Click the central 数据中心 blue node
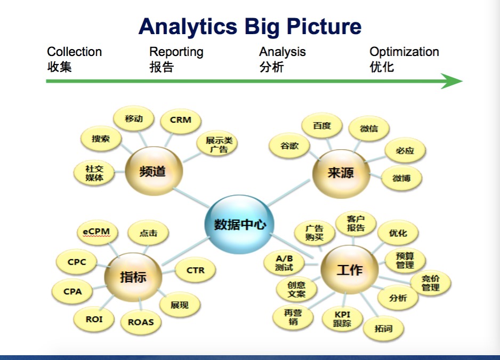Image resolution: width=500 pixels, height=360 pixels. pos(240,225)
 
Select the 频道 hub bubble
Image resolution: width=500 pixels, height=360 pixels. pos(154,172)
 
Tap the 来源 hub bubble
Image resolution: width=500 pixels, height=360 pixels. pos(341,173)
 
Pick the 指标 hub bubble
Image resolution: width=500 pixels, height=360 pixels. pos(133,276)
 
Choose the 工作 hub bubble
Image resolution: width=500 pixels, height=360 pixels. pos(350,269)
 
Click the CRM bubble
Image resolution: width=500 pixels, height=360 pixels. pos(181,120)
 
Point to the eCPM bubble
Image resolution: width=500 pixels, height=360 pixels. pos(96,232)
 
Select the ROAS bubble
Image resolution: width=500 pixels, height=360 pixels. pos(141,322)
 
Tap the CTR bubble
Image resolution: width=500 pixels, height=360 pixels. pos(196,270)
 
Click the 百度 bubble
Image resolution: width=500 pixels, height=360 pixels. pos(322,126)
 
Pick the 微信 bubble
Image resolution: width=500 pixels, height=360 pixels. pos(369,129)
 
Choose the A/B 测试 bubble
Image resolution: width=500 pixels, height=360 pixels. pos(284,262)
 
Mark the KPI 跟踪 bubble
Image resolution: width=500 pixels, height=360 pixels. pos(342,319)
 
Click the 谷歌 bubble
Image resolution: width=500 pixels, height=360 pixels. pos(290,146)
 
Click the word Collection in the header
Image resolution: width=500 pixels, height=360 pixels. pos(74,52)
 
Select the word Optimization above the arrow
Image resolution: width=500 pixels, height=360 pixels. pos(404,52)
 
